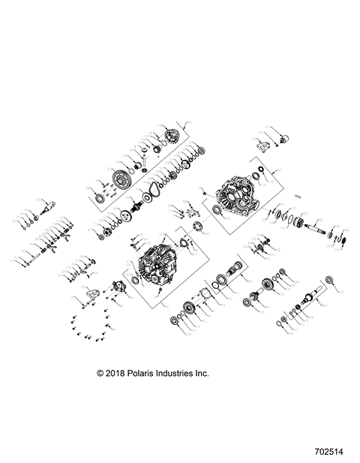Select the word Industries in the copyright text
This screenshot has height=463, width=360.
tap(176, 373)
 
